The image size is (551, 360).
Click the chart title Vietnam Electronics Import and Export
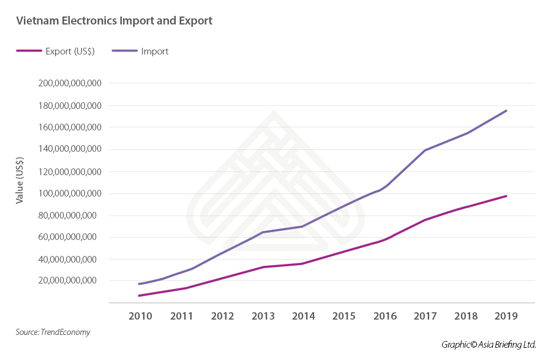(114, 21)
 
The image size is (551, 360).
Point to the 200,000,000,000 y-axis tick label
(69, 83)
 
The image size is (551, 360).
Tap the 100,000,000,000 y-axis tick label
(69, 193)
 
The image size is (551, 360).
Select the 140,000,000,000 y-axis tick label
(69, 149)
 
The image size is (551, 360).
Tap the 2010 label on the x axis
(141, 317)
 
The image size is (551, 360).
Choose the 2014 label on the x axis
(303, 317)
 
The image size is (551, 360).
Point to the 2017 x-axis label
(425, 317)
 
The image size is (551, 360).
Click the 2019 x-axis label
(506, 317)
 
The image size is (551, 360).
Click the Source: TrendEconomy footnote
(53, 332)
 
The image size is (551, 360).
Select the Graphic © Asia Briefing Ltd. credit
(489, 345)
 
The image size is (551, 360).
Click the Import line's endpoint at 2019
(506, 111)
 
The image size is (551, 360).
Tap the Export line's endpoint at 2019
(506, 196)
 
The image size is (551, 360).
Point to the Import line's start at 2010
(140, 284)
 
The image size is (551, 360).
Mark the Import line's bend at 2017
(425, 150)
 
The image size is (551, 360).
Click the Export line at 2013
(263, 267)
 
